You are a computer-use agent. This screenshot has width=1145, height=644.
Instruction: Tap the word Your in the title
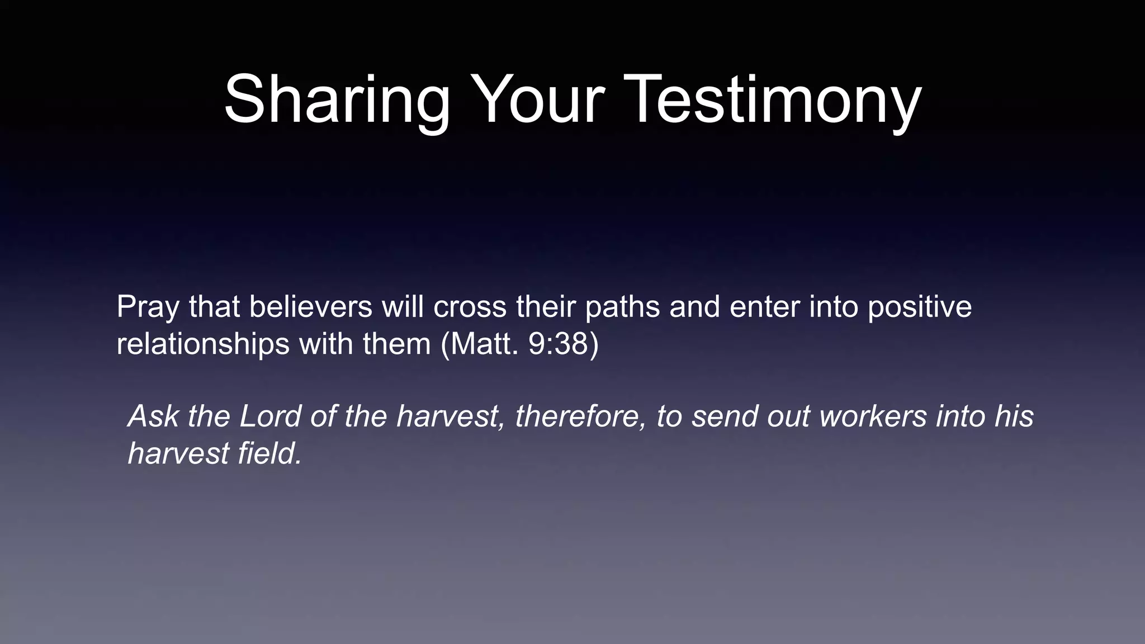[x=537, y=100]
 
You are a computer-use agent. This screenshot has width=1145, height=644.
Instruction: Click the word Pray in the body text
[x=147, y=308]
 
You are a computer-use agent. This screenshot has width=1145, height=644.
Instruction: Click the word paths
[x=622, y=308]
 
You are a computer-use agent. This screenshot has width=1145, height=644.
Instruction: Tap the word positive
[x=920, y=308]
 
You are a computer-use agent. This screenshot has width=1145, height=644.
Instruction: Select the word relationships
[x=202, y=344]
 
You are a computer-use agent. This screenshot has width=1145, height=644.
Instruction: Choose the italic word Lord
[x=271, y=416]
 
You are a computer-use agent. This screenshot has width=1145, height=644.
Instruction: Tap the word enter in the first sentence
[x=765, y=307]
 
